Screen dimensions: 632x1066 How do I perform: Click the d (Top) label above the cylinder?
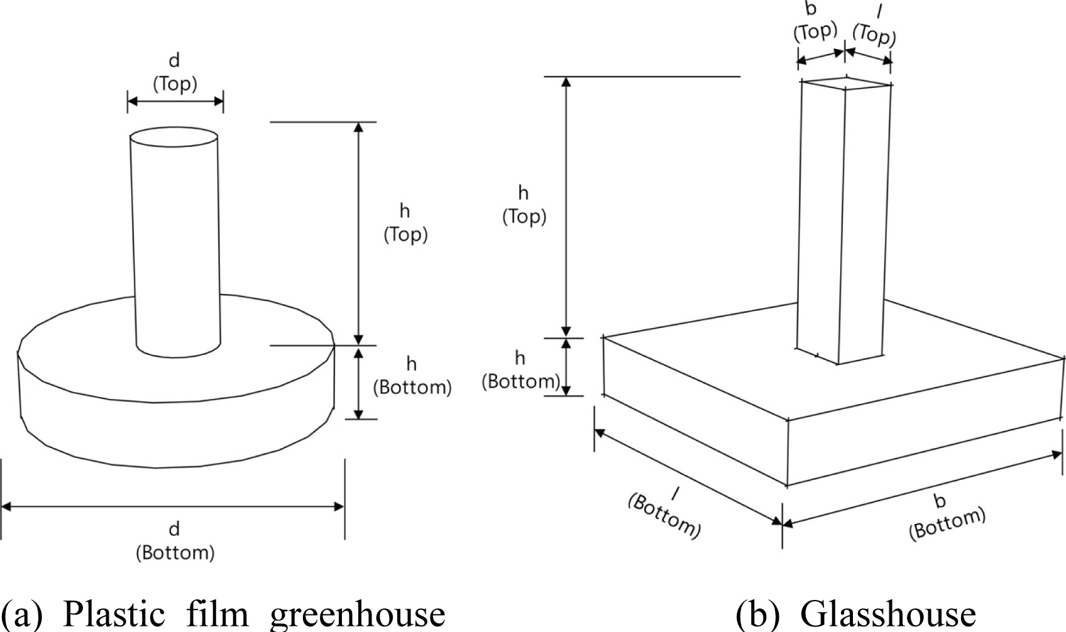point(175,72)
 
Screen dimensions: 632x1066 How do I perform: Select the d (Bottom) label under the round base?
point(175,541)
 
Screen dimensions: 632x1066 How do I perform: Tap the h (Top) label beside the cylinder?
point(405,223)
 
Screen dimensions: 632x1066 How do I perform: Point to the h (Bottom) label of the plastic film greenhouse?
point(412,376)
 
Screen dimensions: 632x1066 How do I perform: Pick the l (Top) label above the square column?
point(874,28)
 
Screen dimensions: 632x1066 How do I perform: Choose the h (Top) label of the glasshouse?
point(524,205)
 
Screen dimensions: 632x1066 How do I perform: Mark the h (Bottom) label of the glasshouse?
point(520,370)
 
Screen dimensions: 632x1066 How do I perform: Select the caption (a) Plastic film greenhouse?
point(223,614)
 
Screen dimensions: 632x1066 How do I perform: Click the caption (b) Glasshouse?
point(855,614)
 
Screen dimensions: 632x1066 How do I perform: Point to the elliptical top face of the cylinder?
point(173,138)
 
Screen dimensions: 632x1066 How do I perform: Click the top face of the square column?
point(846,84)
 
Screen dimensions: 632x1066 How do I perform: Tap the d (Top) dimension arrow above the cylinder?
point(175,101)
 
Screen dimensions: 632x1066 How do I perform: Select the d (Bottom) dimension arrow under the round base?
point(173,506)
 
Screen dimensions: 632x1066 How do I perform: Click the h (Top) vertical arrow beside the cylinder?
point(358,232)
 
